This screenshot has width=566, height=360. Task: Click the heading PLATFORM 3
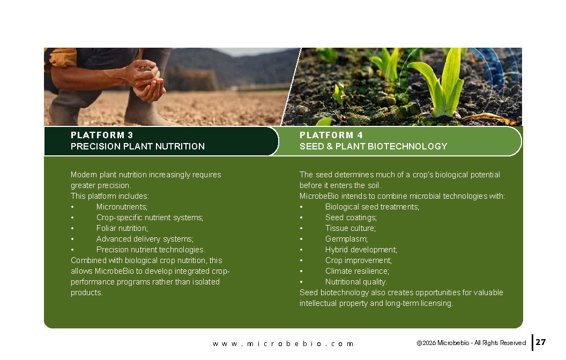(x=102, y=136)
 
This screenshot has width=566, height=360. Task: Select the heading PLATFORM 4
(x=331, y=136)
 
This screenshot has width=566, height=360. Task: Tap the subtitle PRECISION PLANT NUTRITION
(x=138, y=146)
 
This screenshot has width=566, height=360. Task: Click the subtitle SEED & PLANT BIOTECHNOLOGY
(x=373, y=146)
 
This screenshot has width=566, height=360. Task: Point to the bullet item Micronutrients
(x=122, y=207)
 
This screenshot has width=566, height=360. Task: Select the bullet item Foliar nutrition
(x=122, y=228)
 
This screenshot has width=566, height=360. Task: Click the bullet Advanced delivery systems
(x=145, y=239)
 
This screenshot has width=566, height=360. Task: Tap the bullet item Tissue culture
(x=350, y=228)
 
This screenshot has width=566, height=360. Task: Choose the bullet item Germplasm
(x=346, y=239)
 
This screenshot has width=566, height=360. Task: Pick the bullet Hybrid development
(x=361, y=250)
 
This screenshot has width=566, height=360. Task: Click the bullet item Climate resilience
(x=357, y=271)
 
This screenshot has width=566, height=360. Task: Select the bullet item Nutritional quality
(x=356, y=282)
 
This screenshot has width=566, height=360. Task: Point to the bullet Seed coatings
(x=351, y=217)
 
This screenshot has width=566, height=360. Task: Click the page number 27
(x=540, y=342)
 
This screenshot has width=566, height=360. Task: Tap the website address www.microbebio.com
(x=283, y=344)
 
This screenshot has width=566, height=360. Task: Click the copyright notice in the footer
(x=471, y=343)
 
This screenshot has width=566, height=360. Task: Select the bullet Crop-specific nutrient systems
(x=150, y=217)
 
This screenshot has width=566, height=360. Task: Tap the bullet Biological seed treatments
(x=372, y=207)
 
